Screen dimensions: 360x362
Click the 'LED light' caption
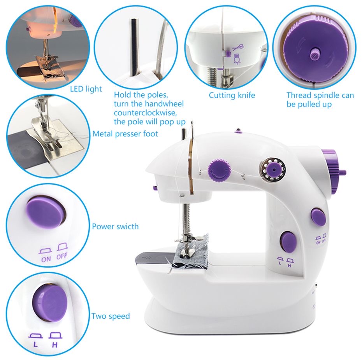coord(86,89)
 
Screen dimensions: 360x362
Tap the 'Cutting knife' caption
coord(232,95)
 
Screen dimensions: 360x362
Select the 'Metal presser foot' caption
coord(125,134)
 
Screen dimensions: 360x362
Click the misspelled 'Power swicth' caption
coord(115,226)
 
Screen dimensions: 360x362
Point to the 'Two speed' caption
coord(111,316)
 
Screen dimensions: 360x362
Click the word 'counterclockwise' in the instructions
coord(145,113)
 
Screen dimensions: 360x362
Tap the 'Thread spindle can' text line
coord(320,95)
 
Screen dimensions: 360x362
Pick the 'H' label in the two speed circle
coord(54,344)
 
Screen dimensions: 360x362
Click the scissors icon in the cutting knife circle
coord(237,48)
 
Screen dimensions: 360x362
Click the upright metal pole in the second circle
coord(134,47)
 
